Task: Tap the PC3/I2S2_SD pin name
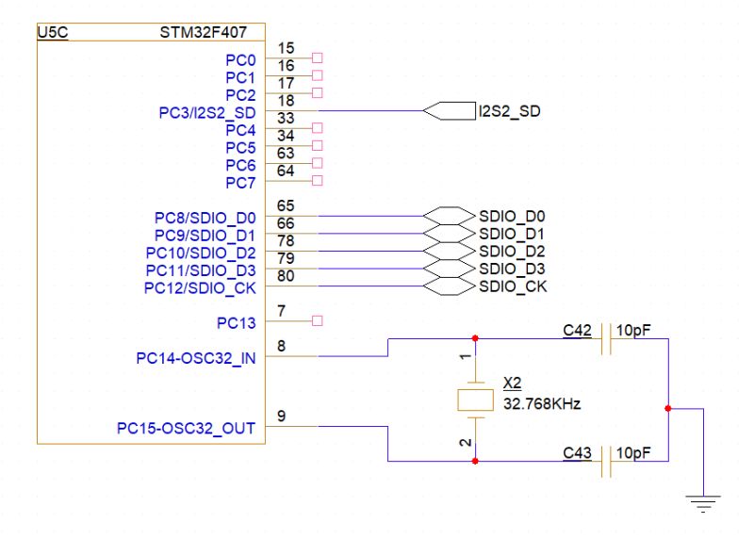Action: point(207,112)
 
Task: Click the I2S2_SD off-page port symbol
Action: point(449,111)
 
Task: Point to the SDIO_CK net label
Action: point(513,286)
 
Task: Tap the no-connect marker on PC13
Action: point(317,321)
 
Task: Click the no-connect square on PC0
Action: point(317,57)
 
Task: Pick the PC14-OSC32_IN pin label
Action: point(195,358)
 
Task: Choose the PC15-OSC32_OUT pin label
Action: point(186,429)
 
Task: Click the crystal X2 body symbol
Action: point(474,400)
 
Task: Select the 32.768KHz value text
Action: point(542,403)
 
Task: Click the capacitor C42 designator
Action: point(576,330)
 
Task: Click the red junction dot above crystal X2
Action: point(474,338)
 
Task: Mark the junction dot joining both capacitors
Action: point(668,409)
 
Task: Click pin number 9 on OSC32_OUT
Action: point(283,416)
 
